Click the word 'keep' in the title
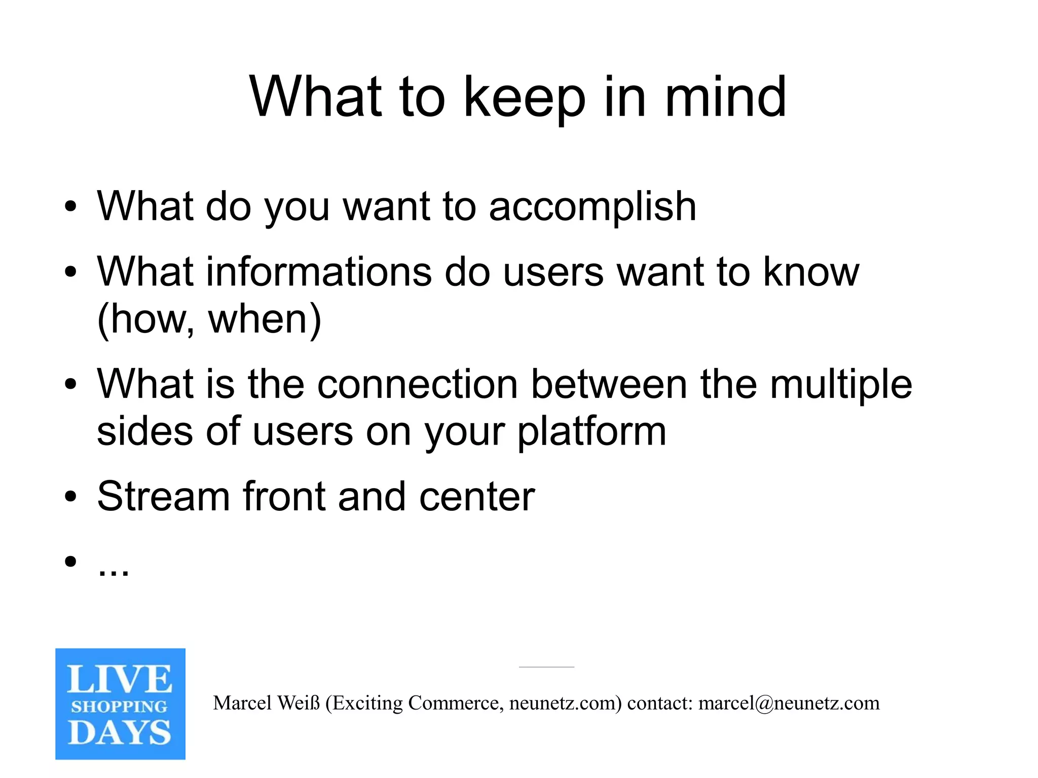[x=524, y=97]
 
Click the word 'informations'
[x=319, y=272]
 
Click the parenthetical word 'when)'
[x=265, y=319]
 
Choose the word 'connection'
[x=417, y=384]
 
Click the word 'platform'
[x=591, y=432]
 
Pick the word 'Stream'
[x=163, y=496]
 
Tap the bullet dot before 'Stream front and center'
[x=70, y=497]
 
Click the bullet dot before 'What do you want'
[x=70, y=207]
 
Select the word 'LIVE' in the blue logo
[x=120, y=679]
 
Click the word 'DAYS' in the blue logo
[x=120, y=733]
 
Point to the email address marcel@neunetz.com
[x=789, y=703]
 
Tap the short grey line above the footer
[x=546, y=667]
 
